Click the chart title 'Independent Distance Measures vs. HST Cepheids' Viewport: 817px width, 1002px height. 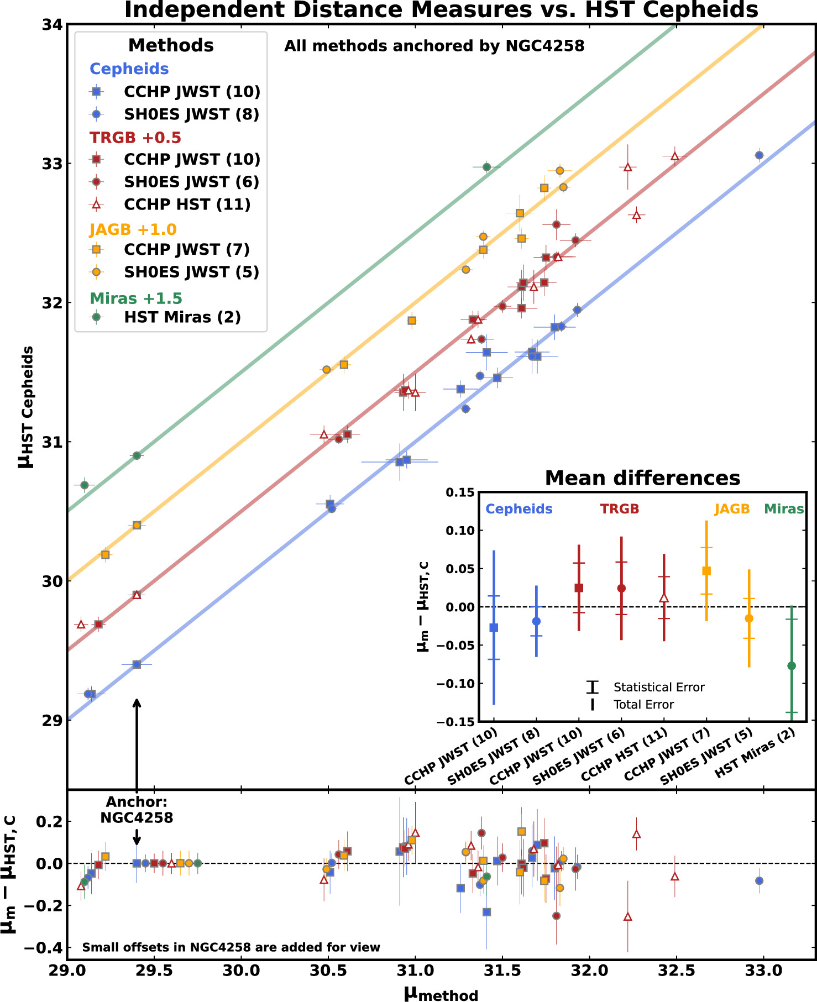coord(441,10)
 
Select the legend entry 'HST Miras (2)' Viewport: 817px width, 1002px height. coord(182,317)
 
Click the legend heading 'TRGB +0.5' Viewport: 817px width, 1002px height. coord(135,137)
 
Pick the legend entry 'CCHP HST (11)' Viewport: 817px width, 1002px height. coord(187,204)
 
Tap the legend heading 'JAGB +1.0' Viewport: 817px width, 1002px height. coord(133,229)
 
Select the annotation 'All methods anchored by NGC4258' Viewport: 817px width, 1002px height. coord(434,46)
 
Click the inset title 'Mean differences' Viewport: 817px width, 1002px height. coord(642,478)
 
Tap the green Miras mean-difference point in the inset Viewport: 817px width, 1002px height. coord(792,666)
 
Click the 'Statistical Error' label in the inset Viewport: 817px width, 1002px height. coord(659,688)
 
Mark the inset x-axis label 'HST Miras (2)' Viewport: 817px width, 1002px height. coord(755,753)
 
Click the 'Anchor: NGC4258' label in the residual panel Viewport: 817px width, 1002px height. coord(137,810)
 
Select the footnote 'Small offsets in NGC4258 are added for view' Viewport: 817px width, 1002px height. coord(231,947)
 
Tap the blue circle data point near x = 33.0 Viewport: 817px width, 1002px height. coord(759,155)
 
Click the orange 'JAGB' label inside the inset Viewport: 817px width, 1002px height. coord(732,509)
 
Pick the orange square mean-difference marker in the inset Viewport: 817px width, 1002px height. coord(706,571)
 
